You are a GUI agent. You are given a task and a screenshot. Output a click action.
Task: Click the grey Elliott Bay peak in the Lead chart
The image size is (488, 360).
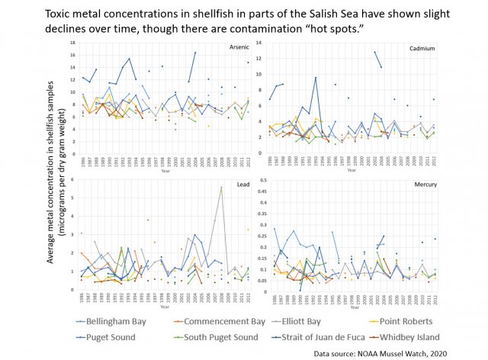pyautogui.click(x=221, y=187)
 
